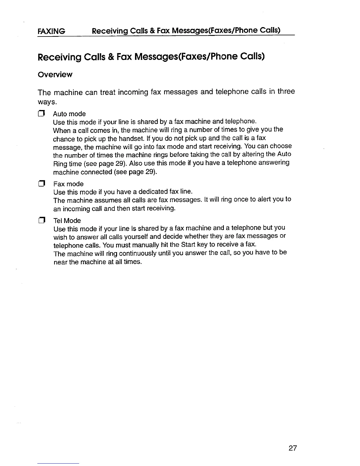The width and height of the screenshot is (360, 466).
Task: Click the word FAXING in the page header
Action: pyautogui.click(x=51, y=31)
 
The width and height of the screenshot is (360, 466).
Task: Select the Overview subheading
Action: pyautogui.click(x=55, y=75)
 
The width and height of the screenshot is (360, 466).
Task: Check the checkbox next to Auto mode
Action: pyautogui.click(x=41, y=114)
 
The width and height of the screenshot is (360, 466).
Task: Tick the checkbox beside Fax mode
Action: pyautogui.click(x=41, y=184)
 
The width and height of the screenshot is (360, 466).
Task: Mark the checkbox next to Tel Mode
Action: pyautogui.click(x=41, y=221)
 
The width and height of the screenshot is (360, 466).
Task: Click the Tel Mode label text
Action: pyautogui.click(x=67, y=221)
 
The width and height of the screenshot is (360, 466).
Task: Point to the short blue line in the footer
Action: pyautogui.click(x=58, y=463)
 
